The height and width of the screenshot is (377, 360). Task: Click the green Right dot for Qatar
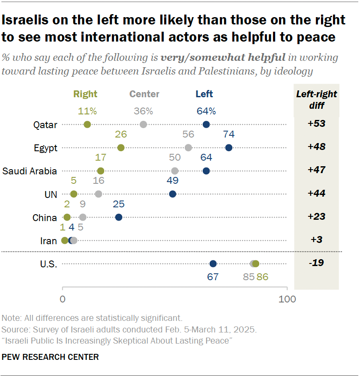(x=87, y=125)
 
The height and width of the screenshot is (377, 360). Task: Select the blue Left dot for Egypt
(x=228, y=148)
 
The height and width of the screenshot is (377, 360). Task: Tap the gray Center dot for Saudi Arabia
(x=174, y=171)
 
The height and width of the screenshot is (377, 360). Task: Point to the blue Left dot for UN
(x=172, y=194)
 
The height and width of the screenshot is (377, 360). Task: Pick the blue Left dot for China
(x=119, y=217)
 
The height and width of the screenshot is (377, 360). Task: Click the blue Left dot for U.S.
(x=213, y=263)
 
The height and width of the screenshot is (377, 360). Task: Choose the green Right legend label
(x=85, y=94)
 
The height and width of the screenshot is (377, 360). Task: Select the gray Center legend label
(x=144, y=94)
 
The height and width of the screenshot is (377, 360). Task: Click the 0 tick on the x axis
(x=63, y=299)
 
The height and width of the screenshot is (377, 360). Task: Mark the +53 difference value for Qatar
(x=316, y=124)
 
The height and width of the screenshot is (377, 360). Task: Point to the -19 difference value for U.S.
(x=316, y=263)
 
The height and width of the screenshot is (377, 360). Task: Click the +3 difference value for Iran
(x=316, y=240)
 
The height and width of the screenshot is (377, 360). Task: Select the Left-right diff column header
(x=316, y=99)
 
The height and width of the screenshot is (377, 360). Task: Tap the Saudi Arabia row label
(x=30, y=171)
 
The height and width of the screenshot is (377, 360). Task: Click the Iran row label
(x=48, y=241)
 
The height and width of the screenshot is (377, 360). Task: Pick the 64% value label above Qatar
(x=206, y=111)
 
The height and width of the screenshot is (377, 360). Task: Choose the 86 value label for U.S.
(x=262, y=277)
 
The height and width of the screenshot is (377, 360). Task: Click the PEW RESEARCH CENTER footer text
(x=50, y=356)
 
